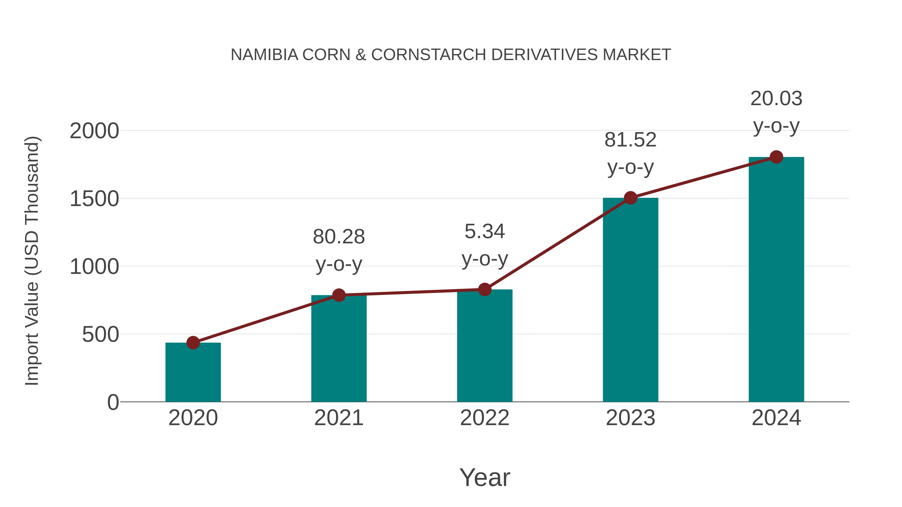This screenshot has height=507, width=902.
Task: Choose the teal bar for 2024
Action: tap(776, 280)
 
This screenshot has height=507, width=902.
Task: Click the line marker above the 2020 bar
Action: tap(193, 343)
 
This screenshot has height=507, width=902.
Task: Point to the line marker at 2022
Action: tap(485, 289)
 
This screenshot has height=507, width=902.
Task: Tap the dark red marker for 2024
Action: tap(776, 157)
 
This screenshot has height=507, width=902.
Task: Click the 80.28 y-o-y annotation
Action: tap(339, 250)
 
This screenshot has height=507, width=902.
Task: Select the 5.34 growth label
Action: tap(485, 245)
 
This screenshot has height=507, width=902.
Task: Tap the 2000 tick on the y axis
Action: tap(94, 131)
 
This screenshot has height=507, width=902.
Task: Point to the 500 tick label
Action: tap(100, 334)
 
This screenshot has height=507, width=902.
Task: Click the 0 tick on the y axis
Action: tap(113, 402)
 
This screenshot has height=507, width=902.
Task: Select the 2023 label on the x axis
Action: tap(630, 418)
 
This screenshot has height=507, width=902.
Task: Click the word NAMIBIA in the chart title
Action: tap(264, 55)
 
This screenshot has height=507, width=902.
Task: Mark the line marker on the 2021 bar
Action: tap(339, 295)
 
